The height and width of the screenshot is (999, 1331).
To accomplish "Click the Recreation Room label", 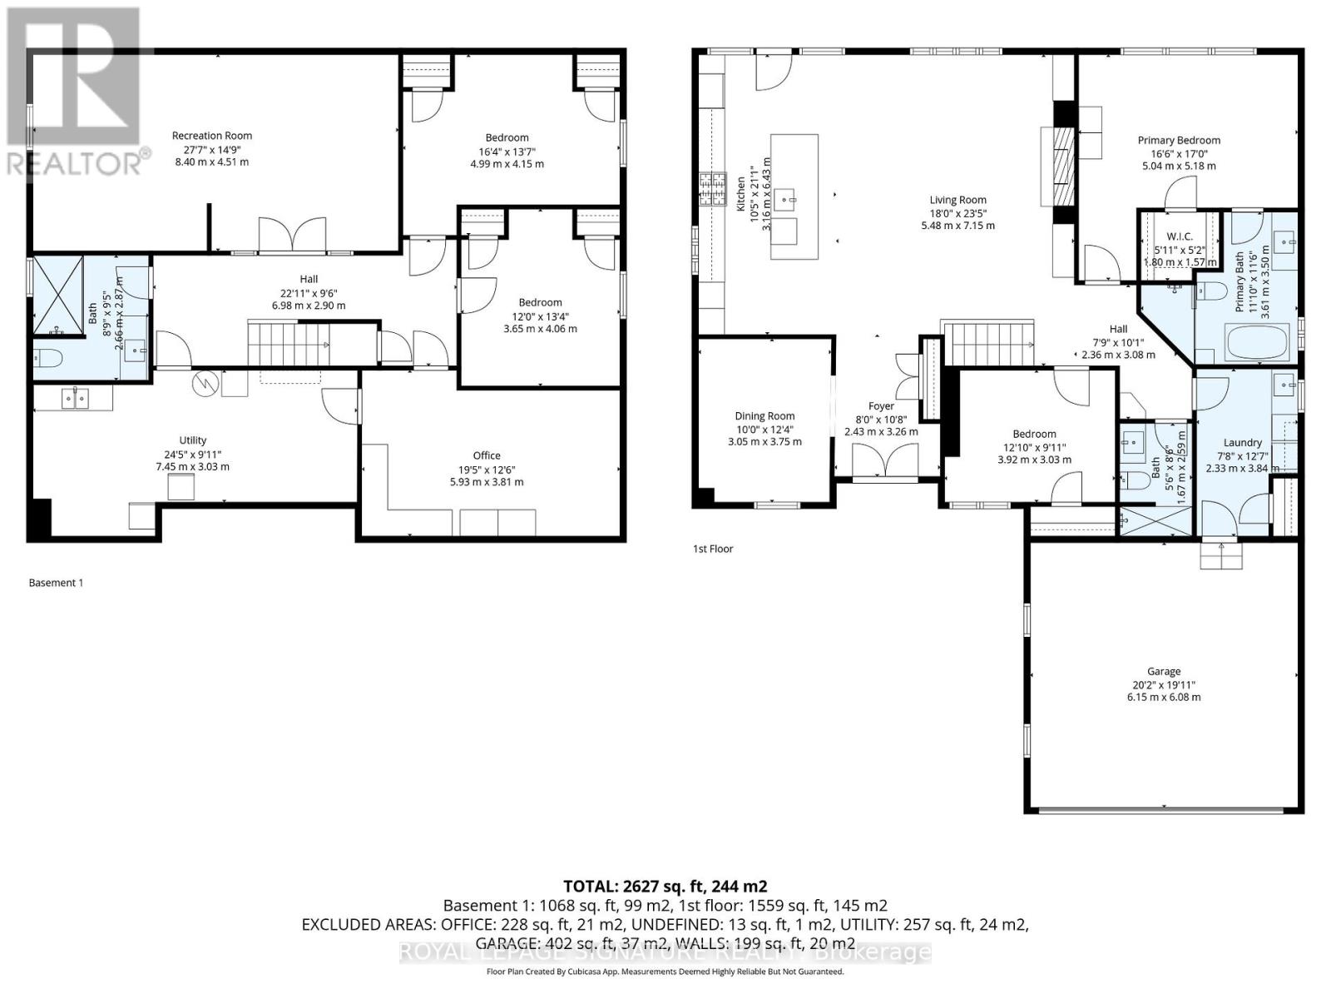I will pyautogui.click(x=211, y=136).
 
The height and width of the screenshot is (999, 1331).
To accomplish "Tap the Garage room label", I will pyautogui.click(x=1163, y=671).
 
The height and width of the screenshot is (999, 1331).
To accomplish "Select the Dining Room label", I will pyautogui.click(x=764, y=416).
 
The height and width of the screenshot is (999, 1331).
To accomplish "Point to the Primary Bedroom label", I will pyautogui.click(x=1179, y=141).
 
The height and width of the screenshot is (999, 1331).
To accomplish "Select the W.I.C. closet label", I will pyautogui.click(x=1180, y=237).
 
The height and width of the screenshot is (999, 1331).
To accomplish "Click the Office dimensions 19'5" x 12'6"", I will pyautogui.click(x=487, y=469).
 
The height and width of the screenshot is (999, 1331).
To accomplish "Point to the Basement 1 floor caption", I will pyautogui.click(x=56, y=583).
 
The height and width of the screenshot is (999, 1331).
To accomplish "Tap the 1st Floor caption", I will pyautogui.click(x=713, y=549).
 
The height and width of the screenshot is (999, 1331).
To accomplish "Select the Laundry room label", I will pyautogui.click(x=1242, y=443).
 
